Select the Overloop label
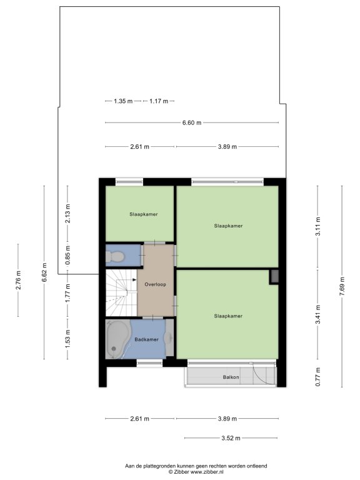tap(155, 284)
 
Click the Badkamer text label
tap(147, 339)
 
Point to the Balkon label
tap(231, 377)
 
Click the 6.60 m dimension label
tap(192, 122)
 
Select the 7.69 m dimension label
tap(342, 286)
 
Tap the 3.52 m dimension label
tap(231, 438)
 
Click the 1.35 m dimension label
tap(123, 101)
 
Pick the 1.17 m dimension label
tap(159, 101)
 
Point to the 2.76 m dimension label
tap(18, 280)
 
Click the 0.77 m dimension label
tap(318, 376)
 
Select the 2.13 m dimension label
tap(68, 213)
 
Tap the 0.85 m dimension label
tap(68, 255)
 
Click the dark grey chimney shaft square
tap(274, 277)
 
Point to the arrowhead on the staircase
tap(134, 279)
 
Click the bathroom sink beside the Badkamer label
tap(169, 337)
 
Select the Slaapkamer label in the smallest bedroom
tap(144, 214)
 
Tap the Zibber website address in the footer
tap(207, 472)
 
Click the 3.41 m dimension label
tap(318, 314)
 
